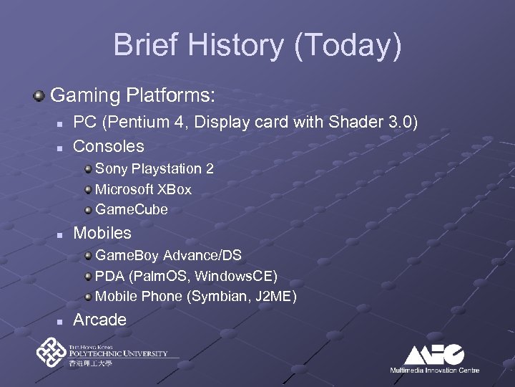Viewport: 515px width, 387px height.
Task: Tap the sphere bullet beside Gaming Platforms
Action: pyautogui.click(x=40, y=95)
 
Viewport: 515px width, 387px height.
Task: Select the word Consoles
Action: pyautogui.click(x=109, y=146)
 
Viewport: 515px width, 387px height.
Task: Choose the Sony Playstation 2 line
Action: pyautogui.click(x=154, y=169)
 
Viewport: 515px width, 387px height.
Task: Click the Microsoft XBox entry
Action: pyautogui.click(x=143, y=189)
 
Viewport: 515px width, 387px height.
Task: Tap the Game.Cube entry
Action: pyautogui.click(x=131, y=209)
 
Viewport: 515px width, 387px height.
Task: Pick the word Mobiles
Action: pyautogui.click(x=102, y=233)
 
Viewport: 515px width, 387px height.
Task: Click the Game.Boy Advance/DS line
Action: pyautogui.click(x=167, y=256)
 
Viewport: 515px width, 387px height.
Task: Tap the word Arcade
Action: pyautogui.click(x=99, y=320)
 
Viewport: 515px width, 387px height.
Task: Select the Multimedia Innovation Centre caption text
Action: pyautogui.click(x=434, y=370)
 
